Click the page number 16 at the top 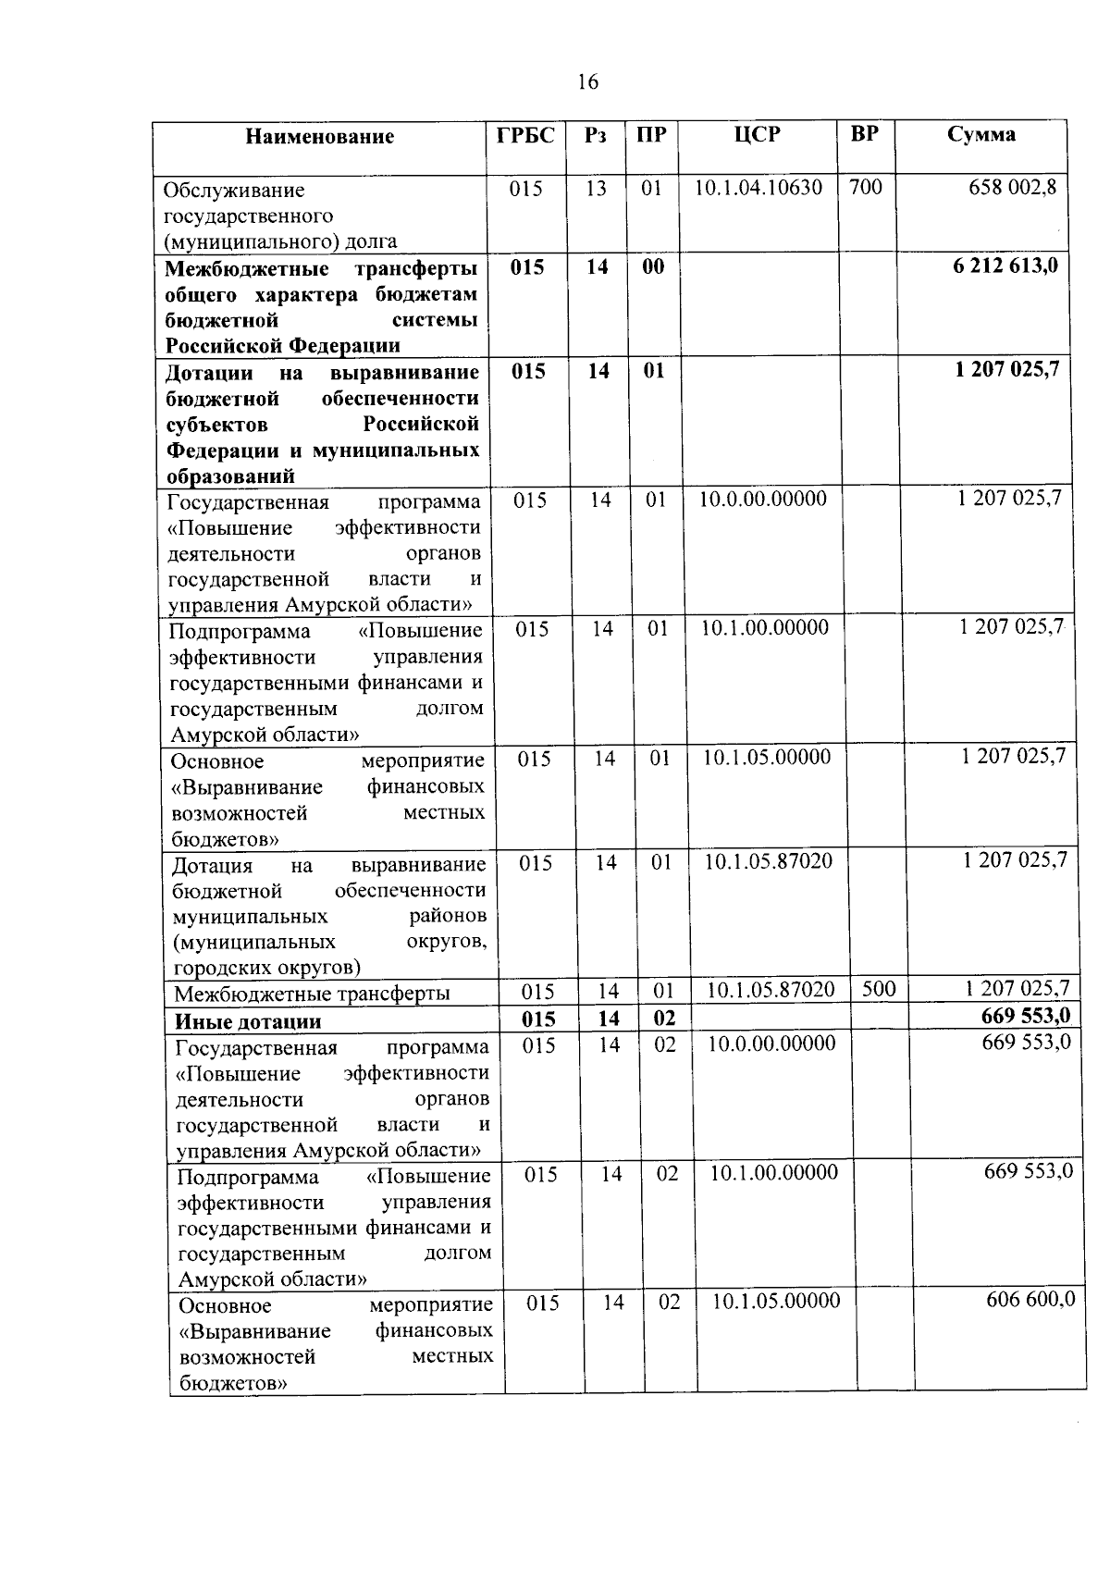click(x=587, y=82)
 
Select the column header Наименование click(x=320, y=137)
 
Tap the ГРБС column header click(x=525, y=135)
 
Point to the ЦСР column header click(x=757, y=135)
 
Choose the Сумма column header click(x=981, y=134)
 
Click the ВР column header click(x=864, y=133)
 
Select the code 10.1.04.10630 click(x=758, y=188)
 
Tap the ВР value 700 click(x=866, y=187)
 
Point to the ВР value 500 click(x=879, y=988)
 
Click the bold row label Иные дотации click(x=248, y=1021)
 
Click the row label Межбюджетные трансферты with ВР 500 click(x=312, y=994)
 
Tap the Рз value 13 click(x=596, y=188)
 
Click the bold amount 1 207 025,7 click(x=1007, y=370)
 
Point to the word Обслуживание click(x=234, y=190)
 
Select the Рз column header click(x=596, y=135)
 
